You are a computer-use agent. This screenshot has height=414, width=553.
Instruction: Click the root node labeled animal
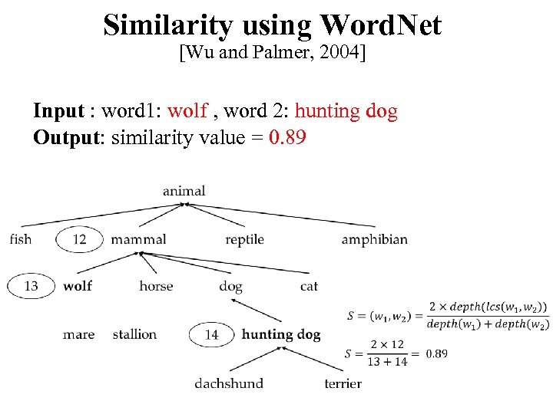tap(184, 191)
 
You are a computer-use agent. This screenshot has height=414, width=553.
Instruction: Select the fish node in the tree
tap(21, 239)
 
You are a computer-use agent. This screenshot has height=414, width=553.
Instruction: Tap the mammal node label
tap(138, 239)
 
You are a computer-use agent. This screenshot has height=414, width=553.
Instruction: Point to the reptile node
tap(244, 240)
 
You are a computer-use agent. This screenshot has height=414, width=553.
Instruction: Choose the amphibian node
tap(374, 239)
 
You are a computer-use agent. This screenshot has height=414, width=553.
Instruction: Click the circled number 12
tap(80, 239)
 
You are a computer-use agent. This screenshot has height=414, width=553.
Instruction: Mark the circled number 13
tap(31, 286)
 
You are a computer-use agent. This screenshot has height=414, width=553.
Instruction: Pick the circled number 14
tap(212, 334)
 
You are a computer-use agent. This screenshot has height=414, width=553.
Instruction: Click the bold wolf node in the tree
tap(78, 286)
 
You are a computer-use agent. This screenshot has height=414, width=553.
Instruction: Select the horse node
tap(156, 286)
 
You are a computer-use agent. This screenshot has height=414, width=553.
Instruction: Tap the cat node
tap(309, 286)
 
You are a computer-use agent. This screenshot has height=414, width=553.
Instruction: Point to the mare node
tap(78, 334)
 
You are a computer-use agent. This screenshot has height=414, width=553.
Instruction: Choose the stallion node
tap(134, 334)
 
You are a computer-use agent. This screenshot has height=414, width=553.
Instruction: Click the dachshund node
tap(229, 383)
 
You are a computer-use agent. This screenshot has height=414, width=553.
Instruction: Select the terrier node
tap(343, 383)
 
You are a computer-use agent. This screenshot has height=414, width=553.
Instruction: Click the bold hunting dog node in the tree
tap(281, 334)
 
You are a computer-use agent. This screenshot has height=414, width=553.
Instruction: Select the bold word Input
tap(58, 111)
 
